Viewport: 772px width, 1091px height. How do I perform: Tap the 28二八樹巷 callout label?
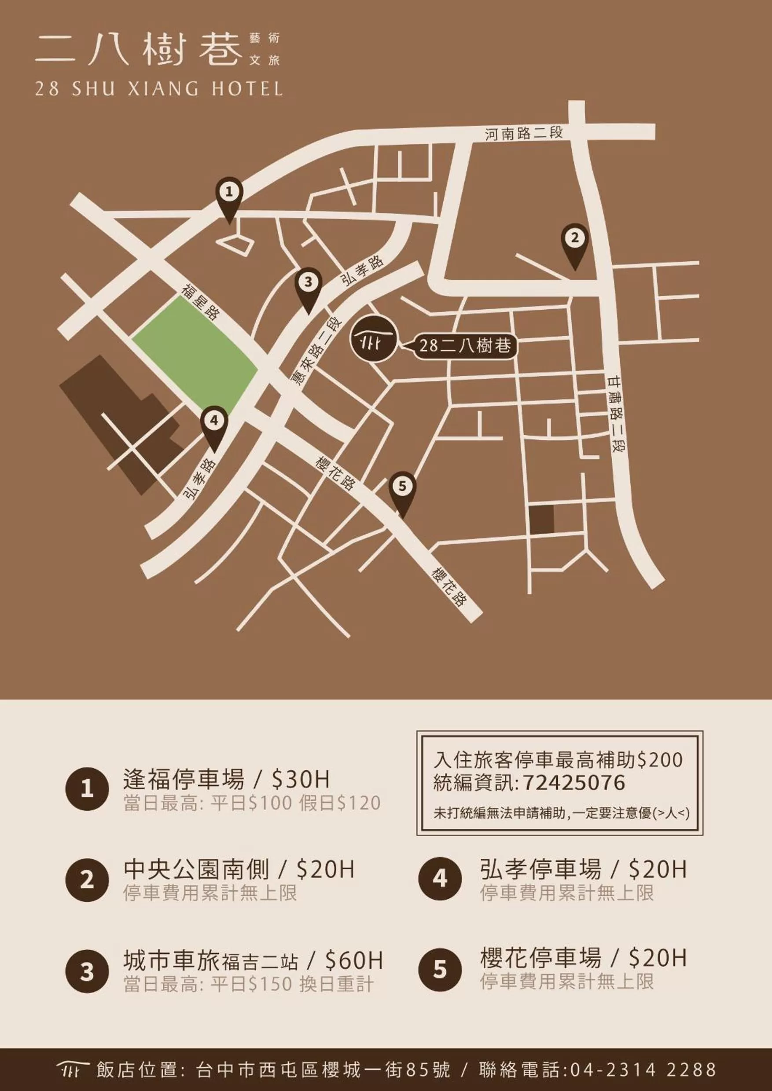(x=465, y=345)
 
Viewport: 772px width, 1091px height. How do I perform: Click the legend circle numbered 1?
(x=87, y=789)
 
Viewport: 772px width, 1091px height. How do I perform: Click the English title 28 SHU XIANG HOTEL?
(x=159, y=89)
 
